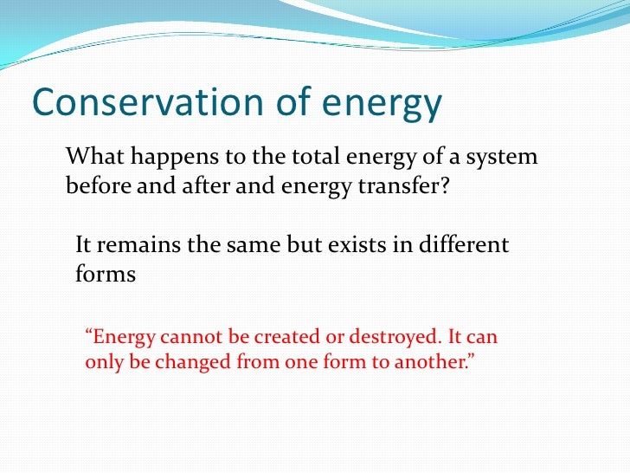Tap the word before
[96, 185]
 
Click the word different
[466, 245]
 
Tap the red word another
[430, 362]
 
